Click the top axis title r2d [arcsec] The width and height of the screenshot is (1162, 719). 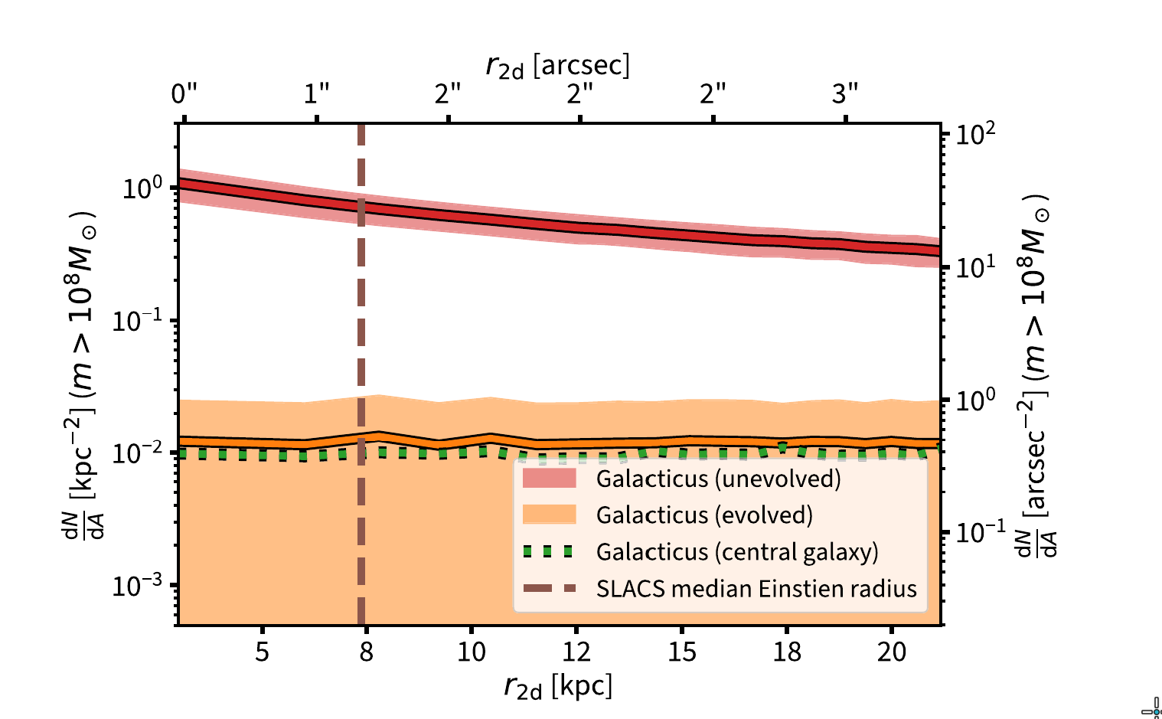(557, 67)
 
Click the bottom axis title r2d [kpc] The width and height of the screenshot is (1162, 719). (558, 686)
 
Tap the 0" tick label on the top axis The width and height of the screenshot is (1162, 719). (184, 94)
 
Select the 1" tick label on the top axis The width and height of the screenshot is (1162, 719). (316, 94)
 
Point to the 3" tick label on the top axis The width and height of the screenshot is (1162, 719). (845, 94)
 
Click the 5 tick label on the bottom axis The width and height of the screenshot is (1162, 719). (262, 652)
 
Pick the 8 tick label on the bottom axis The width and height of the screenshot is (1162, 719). (367, 652)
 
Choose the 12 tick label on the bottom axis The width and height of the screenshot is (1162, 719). (576, 652)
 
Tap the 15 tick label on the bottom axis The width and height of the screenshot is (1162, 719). (682, 652)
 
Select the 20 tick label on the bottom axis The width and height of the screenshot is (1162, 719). (892, 652)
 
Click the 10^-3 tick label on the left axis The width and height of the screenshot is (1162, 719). (137, 586)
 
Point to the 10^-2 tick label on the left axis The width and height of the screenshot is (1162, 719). (137, 453)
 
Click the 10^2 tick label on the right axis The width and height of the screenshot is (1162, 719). (977, 134)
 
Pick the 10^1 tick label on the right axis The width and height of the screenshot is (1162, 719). (977, 266)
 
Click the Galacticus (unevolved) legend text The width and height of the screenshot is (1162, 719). (718, 479)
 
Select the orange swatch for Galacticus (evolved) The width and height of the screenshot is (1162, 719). (549, 515)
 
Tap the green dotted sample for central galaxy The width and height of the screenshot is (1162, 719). (549, 551)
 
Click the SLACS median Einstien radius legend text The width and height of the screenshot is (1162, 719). (756, 588)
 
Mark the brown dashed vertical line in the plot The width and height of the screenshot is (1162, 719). (361, 345)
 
